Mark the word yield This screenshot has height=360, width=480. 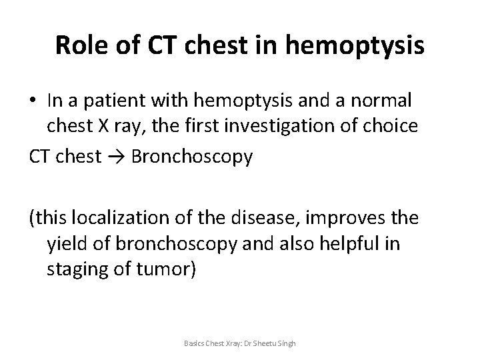point(67,245)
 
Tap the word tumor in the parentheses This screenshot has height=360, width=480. point(171,271)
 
